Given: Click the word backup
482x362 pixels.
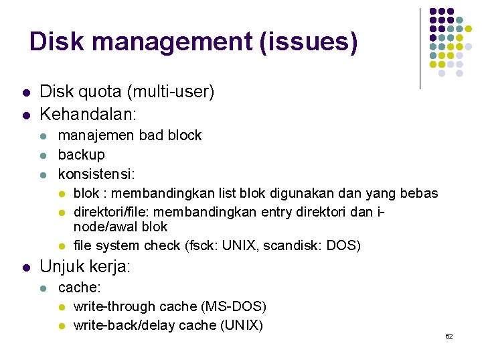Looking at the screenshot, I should click(82, 155).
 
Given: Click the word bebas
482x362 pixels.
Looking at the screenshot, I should click(419, 194).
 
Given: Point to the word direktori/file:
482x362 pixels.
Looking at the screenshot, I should click(114, 212).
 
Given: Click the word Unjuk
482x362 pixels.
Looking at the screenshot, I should click(62, 267).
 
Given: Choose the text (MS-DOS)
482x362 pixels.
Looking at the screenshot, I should click(234, 307).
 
